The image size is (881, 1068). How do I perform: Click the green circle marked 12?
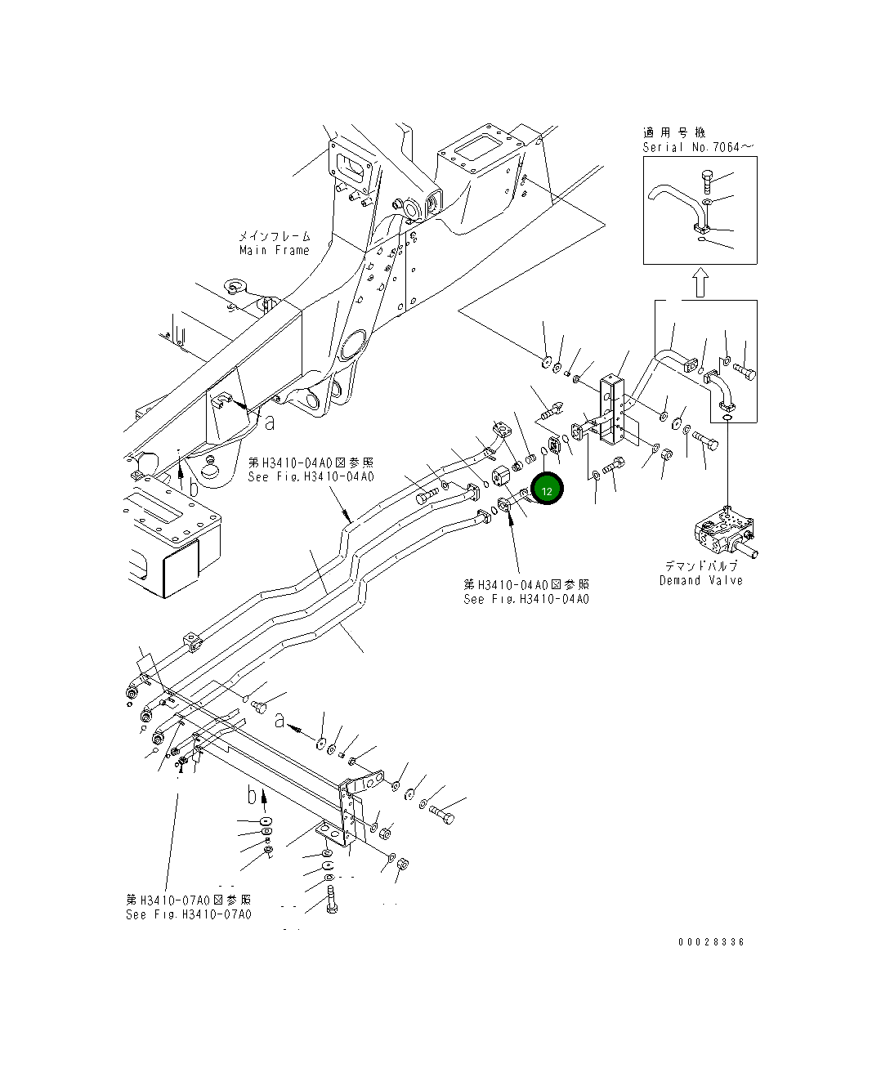click(x=547, y=489)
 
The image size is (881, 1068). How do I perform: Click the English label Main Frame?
click(x=275, y=251)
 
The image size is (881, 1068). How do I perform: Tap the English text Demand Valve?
click(x=701, y=580)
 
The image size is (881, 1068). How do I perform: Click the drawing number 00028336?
click(x=711, y=941)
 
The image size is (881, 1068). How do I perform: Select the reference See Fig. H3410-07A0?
click(x=189, y=914)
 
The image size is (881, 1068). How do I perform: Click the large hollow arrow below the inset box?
click(x=699, y=283)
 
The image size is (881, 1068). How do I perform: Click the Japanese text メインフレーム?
click(x=275, y=236)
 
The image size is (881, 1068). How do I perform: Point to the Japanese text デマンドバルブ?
click(x=700, y=566)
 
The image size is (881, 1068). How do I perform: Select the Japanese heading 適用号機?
click(x=673, y=132)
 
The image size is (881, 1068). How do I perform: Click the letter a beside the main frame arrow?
click(x=270, y=422)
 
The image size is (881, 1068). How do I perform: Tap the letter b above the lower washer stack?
click(x=253, y=794)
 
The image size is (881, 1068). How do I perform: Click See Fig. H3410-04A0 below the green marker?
click(x=525, y=599)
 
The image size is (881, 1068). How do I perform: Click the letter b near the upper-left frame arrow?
click(x=193, y=487)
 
